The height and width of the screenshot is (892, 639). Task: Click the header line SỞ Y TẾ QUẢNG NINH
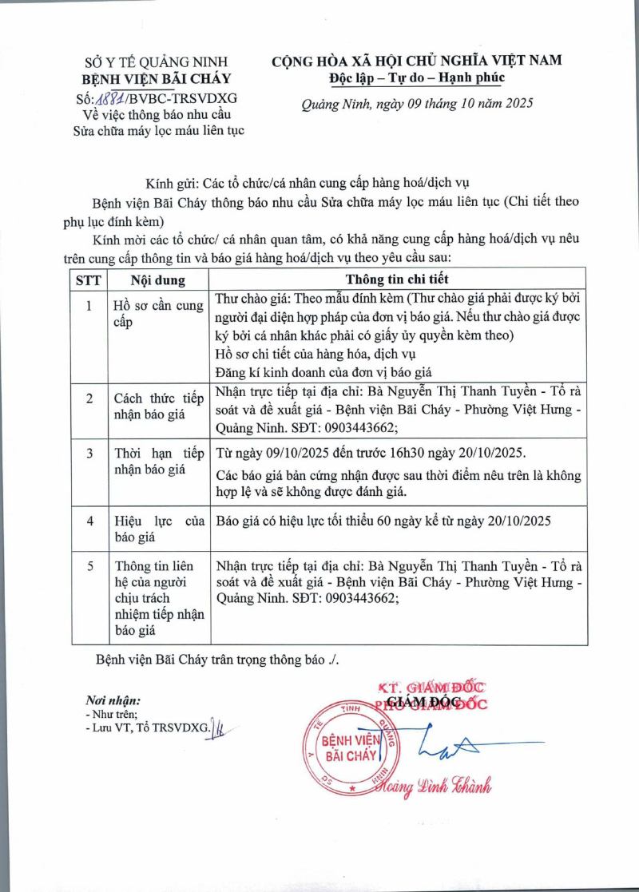coord(157,61)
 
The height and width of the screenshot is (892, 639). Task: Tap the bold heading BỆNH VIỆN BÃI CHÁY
coord(157,78)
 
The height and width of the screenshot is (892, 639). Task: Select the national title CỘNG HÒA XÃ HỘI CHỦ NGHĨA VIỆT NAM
coord(416,60)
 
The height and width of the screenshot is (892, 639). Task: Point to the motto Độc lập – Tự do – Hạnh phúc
coord(416,77)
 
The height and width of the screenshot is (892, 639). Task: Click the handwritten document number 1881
coord(113,98)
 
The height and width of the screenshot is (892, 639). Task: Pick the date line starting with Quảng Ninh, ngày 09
coord(416,103)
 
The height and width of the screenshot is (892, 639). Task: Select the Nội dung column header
coord(158,279)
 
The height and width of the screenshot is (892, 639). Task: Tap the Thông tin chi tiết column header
coord(396,279)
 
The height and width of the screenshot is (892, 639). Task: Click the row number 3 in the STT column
coord(89,453)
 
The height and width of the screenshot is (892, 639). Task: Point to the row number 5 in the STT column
coord(89,565)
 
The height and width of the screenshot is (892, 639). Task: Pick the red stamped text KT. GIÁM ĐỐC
coord(431,687)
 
